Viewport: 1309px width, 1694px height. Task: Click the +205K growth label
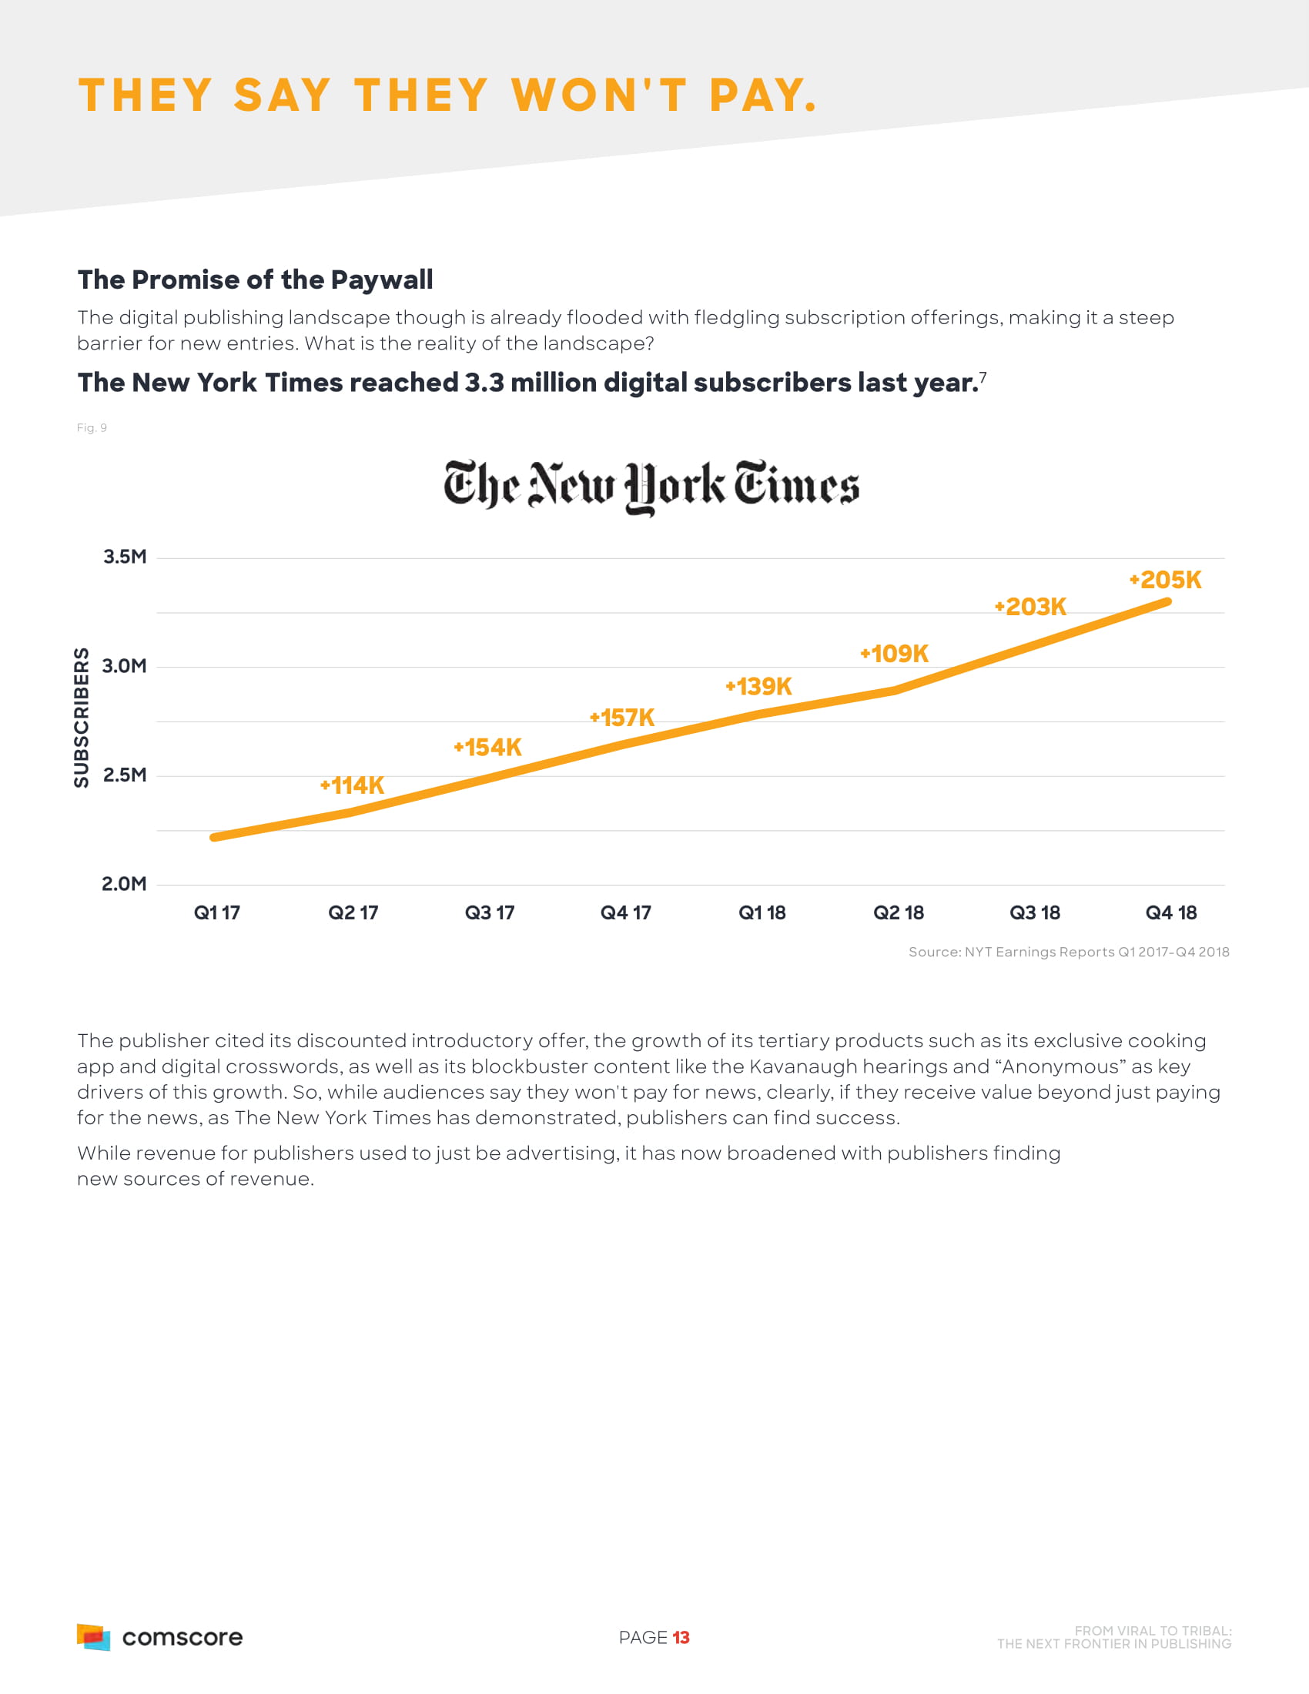1165,580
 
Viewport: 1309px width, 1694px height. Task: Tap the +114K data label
352,785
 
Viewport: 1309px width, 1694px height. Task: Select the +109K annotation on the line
894,654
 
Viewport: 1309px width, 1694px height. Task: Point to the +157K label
622,718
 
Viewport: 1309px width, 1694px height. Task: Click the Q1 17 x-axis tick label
216,913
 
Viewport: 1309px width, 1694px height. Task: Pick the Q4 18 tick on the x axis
1171,913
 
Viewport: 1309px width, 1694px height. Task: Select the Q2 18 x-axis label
898,913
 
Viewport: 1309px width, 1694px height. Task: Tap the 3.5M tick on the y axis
125,557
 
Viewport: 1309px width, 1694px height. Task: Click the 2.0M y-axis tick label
124,884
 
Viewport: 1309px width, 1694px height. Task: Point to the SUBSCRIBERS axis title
82,718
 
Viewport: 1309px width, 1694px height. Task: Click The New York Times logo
651,486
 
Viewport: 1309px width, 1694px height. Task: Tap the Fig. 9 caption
92,427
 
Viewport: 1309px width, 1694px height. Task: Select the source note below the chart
1069,952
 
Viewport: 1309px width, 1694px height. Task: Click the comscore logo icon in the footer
93,1636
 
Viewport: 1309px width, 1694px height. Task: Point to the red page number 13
681,1637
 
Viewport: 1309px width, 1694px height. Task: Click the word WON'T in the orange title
599,95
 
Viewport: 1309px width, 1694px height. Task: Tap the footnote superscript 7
983,377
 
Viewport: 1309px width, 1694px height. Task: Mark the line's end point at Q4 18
1167,602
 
